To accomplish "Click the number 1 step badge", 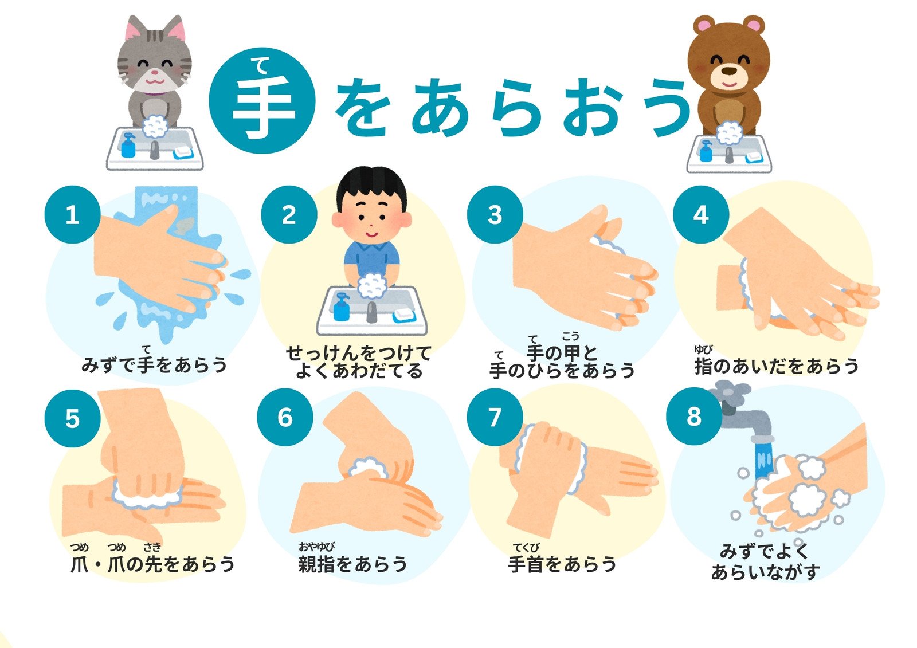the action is click(72, 214).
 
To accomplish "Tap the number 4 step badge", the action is click(701, 214).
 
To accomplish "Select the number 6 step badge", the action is click(285, 417).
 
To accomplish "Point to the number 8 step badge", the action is click(694, 417).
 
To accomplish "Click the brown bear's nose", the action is click(728, 71).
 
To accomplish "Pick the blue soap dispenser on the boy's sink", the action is click(342, 307).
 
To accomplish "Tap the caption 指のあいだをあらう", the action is click(776, 366).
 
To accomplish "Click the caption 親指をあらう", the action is click(353, 564).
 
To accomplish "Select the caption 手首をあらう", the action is click(562, 564).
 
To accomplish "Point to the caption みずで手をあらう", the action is click(154, 364).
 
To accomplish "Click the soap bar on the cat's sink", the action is click(183, 152).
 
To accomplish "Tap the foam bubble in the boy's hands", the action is click(372, 285).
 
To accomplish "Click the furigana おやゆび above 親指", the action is click(316, 547).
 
